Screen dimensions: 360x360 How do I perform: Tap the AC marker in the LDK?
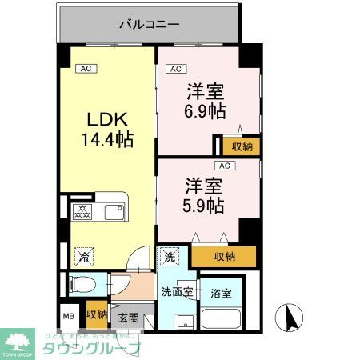(86, 69)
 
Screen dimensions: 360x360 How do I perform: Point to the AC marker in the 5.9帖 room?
(225, 166)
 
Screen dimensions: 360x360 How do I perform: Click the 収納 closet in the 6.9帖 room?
(241, 146)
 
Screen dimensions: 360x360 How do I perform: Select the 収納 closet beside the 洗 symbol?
(225, 256)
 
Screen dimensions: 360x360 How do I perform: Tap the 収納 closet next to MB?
(97, 314)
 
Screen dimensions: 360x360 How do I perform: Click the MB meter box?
(69, 315)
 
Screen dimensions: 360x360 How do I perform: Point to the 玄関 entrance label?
(129, 318)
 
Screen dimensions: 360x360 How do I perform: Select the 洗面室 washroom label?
(176, 292)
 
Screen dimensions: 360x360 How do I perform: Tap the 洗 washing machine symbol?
(170, 257)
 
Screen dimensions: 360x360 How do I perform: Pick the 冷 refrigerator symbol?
(82, 257)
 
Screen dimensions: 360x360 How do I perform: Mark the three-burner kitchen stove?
(82, 213)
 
